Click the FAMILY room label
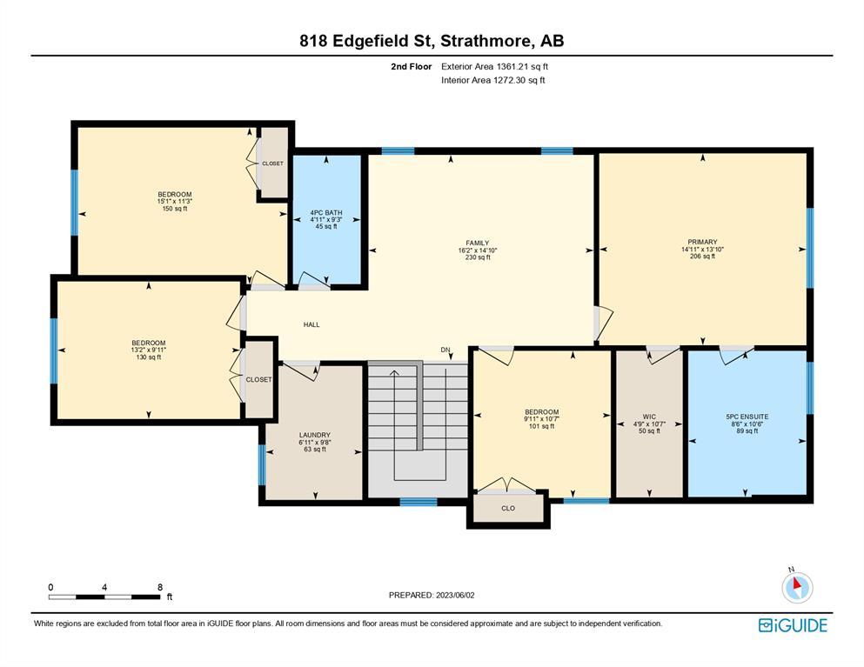pos(477,243)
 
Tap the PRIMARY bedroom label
pos(702,242)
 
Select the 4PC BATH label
pos(326,212)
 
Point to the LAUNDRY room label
pos(315,435)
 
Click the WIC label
pos(649,417)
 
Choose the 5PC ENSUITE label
pos(747,417)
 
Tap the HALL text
pos(311,324)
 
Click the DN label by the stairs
pos(445,350)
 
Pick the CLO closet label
pos(508,508)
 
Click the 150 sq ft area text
pos(175,209)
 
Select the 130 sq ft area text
pos(149,357)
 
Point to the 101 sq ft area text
pos(542,426)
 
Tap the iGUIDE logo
pos(793,625)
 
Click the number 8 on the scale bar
pos(160,587)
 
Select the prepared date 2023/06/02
pos(455,596)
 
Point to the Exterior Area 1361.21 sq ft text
pos(494,67)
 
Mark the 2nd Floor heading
pos(411,67)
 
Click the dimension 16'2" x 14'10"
pos(477,250)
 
